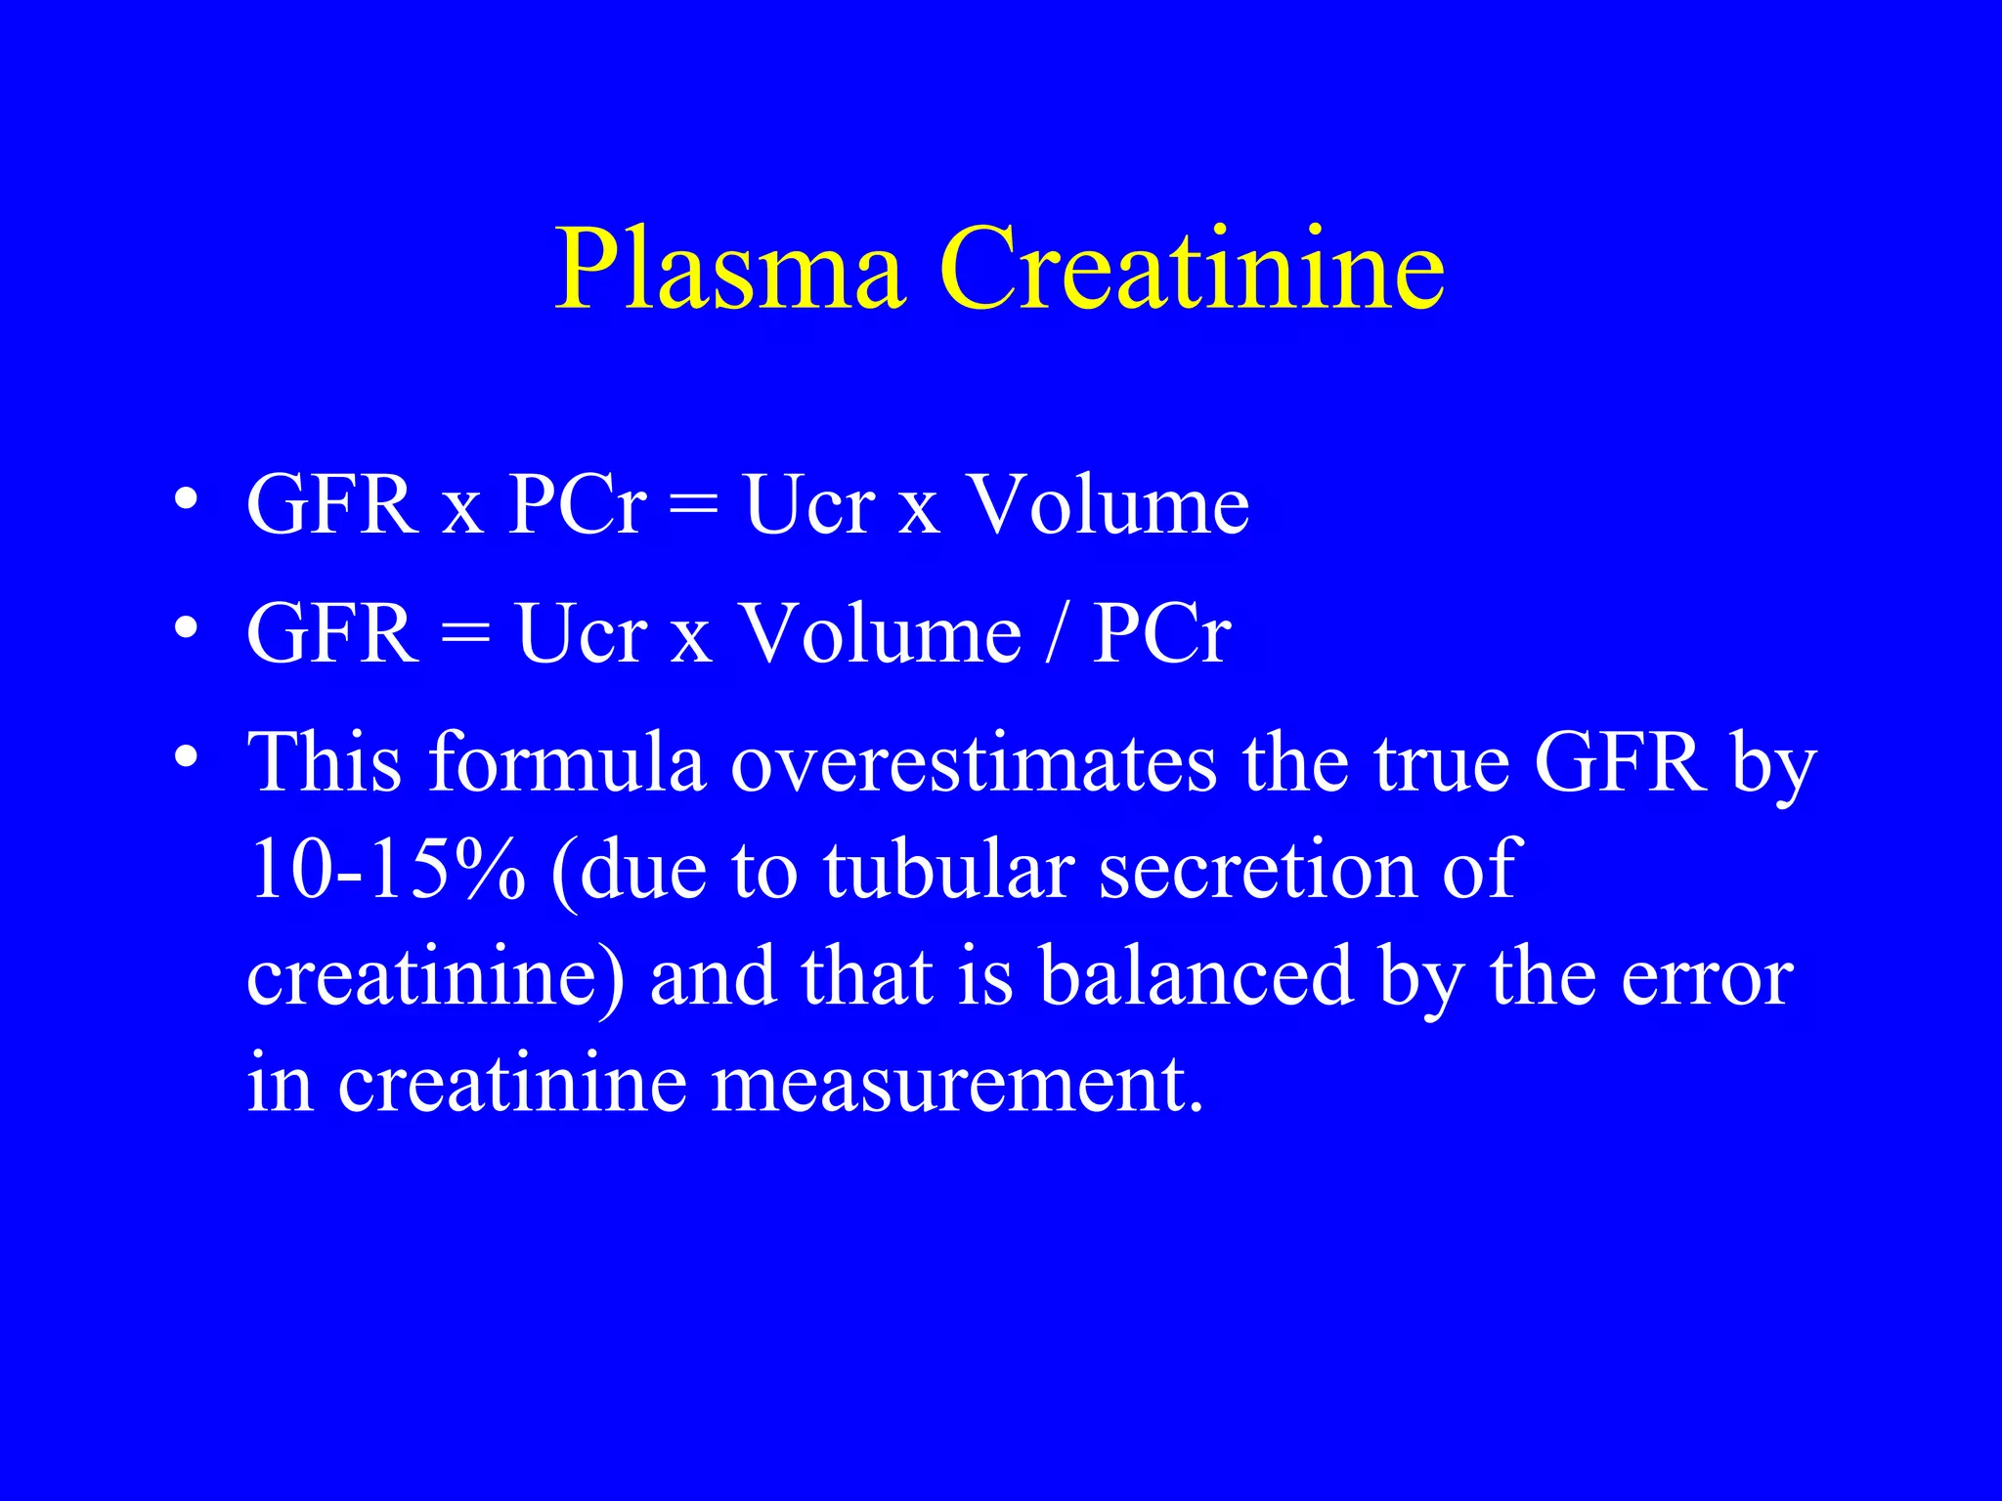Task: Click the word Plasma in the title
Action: point(728,269)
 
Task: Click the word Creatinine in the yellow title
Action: point(1192,269)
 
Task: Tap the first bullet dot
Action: point(186,500)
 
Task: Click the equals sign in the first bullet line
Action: point(694,506)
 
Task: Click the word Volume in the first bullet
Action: point(1108,505)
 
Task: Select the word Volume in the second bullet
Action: point(879,633)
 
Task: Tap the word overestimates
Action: point(974,762)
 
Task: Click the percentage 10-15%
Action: point(386,869)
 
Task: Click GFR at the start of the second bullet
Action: point(332,633)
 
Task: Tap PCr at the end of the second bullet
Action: point(1161,633)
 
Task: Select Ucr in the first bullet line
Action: point(809,505)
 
